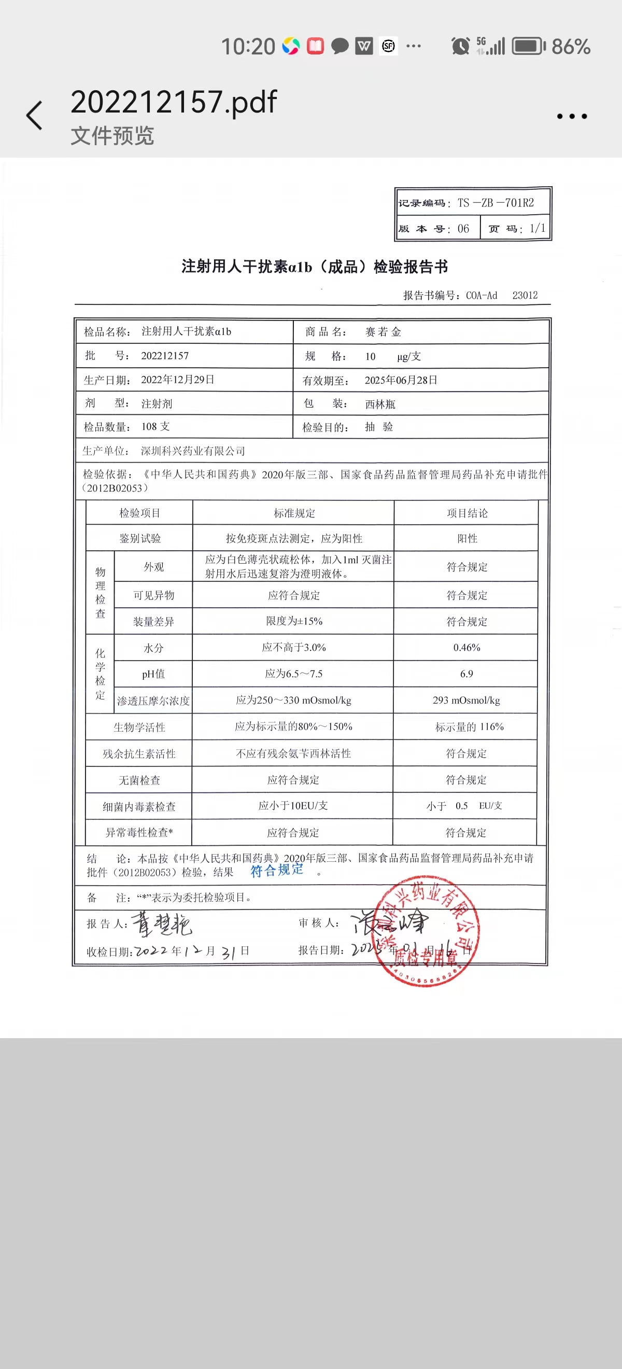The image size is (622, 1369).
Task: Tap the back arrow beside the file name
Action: tap(35, 115)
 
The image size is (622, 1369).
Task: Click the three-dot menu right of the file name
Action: tap(572, 116)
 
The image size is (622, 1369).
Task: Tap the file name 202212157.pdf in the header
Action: tap(174, 102)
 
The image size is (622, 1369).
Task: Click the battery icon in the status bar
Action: tap(528, 46)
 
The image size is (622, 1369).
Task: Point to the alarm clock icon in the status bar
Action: tap(460, 46)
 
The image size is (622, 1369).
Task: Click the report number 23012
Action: tap(525, 296)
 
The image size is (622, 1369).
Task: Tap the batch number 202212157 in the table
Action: tap(165, 356)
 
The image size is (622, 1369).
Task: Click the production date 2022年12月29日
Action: tap(177, 380)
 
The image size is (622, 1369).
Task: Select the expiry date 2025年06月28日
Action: tap(401, 380)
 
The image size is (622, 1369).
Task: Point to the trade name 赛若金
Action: tap(383, 332)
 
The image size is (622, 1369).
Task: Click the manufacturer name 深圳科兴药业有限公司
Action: tap(193, 451)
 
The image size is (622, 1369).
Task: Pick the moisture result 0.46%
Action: tap(466, 647)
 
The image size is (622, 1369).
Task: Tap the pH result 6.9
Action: tap(466, 674)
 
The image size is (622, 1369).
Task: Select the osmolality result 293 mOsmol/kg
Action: tap(466, 701)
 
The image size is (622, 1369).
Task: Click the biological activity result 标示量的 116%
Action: tap(469, 727)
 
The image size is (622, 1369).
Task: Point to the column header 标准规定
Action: tap(294, 513)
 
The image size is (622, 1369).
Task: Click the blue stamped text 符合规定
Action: tap(277, 870)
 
